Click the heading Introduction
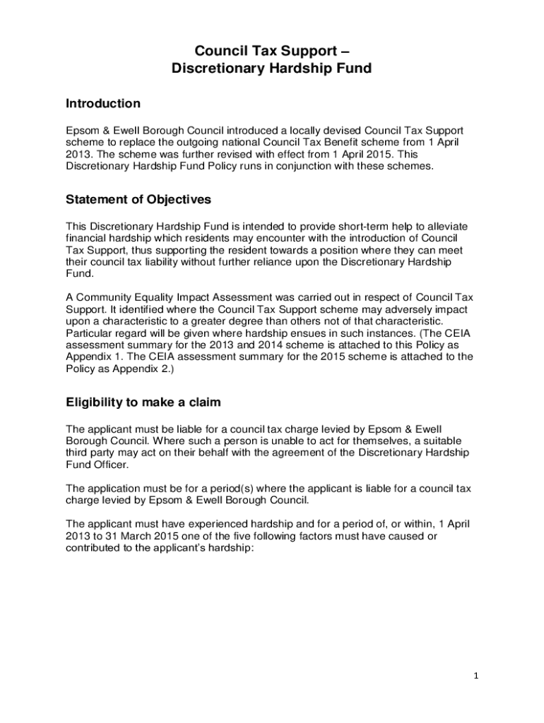coord(103,104)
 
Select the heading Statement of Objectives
coord(138,200)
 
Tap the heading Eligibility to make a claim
coord(143,403)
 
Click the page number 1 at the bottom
coord(476,676)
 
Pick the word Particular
coord(89,333)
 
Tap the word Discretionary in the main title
coord(215,69)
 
